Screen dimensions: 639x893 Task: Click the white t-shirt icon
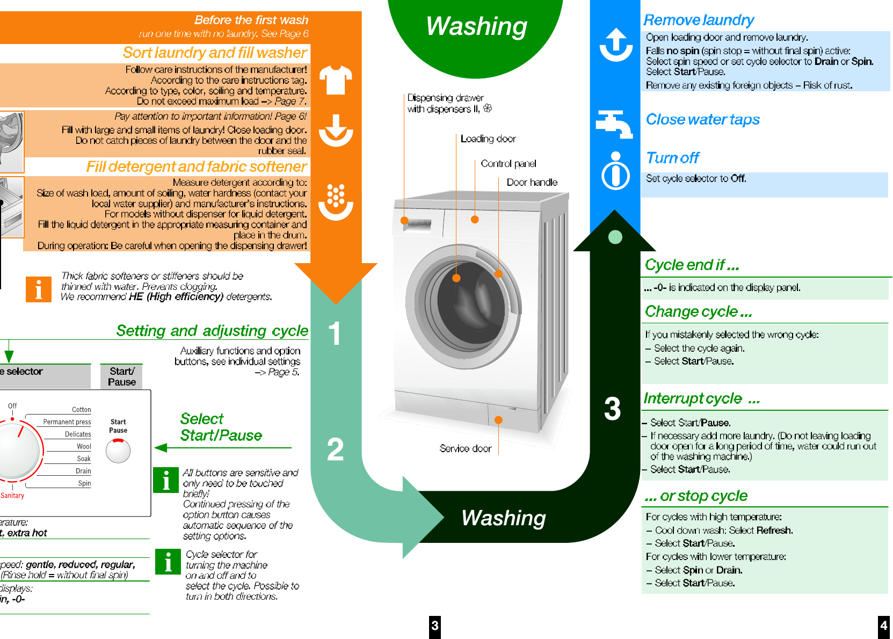336,80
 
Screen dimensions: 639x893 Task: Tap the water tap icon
614,124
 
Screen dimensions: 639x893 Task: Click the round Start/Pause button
118,451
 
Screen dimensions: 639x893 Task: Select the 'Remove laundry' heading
699,20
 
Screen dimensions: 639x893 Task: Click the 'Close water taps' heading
702,119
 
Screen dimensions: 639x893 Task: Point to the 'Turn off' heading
672,158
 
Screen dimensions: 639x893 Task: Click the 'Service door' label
465,448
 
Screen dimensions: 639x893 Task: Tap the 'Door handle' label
532,183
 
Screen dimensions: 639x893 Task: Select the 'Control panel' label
508,164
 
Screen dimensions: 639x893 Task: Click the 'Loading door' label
488,139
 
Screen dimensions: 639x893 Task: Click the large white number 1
335,333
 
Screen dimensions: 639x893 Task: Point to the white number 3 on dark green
612,409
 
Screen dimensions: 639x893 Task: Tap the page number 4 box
883,626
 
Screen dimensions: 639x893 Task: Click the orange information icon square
39,289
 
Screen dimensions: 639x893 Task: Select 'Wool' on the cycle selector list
84,446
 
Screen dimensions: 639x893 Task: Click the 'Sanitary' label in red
12,496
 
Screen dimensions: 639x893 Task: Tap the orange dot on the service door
498,420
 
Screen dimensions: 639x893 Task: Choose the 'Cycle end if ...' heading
692,265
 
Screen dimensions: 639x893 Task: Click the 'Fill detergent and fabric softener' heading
197,167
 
